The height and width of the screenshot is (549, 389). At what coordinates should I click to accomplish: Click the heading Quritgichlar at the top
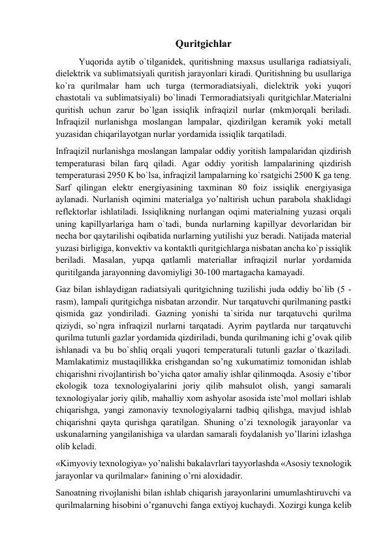coord(194,45)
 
